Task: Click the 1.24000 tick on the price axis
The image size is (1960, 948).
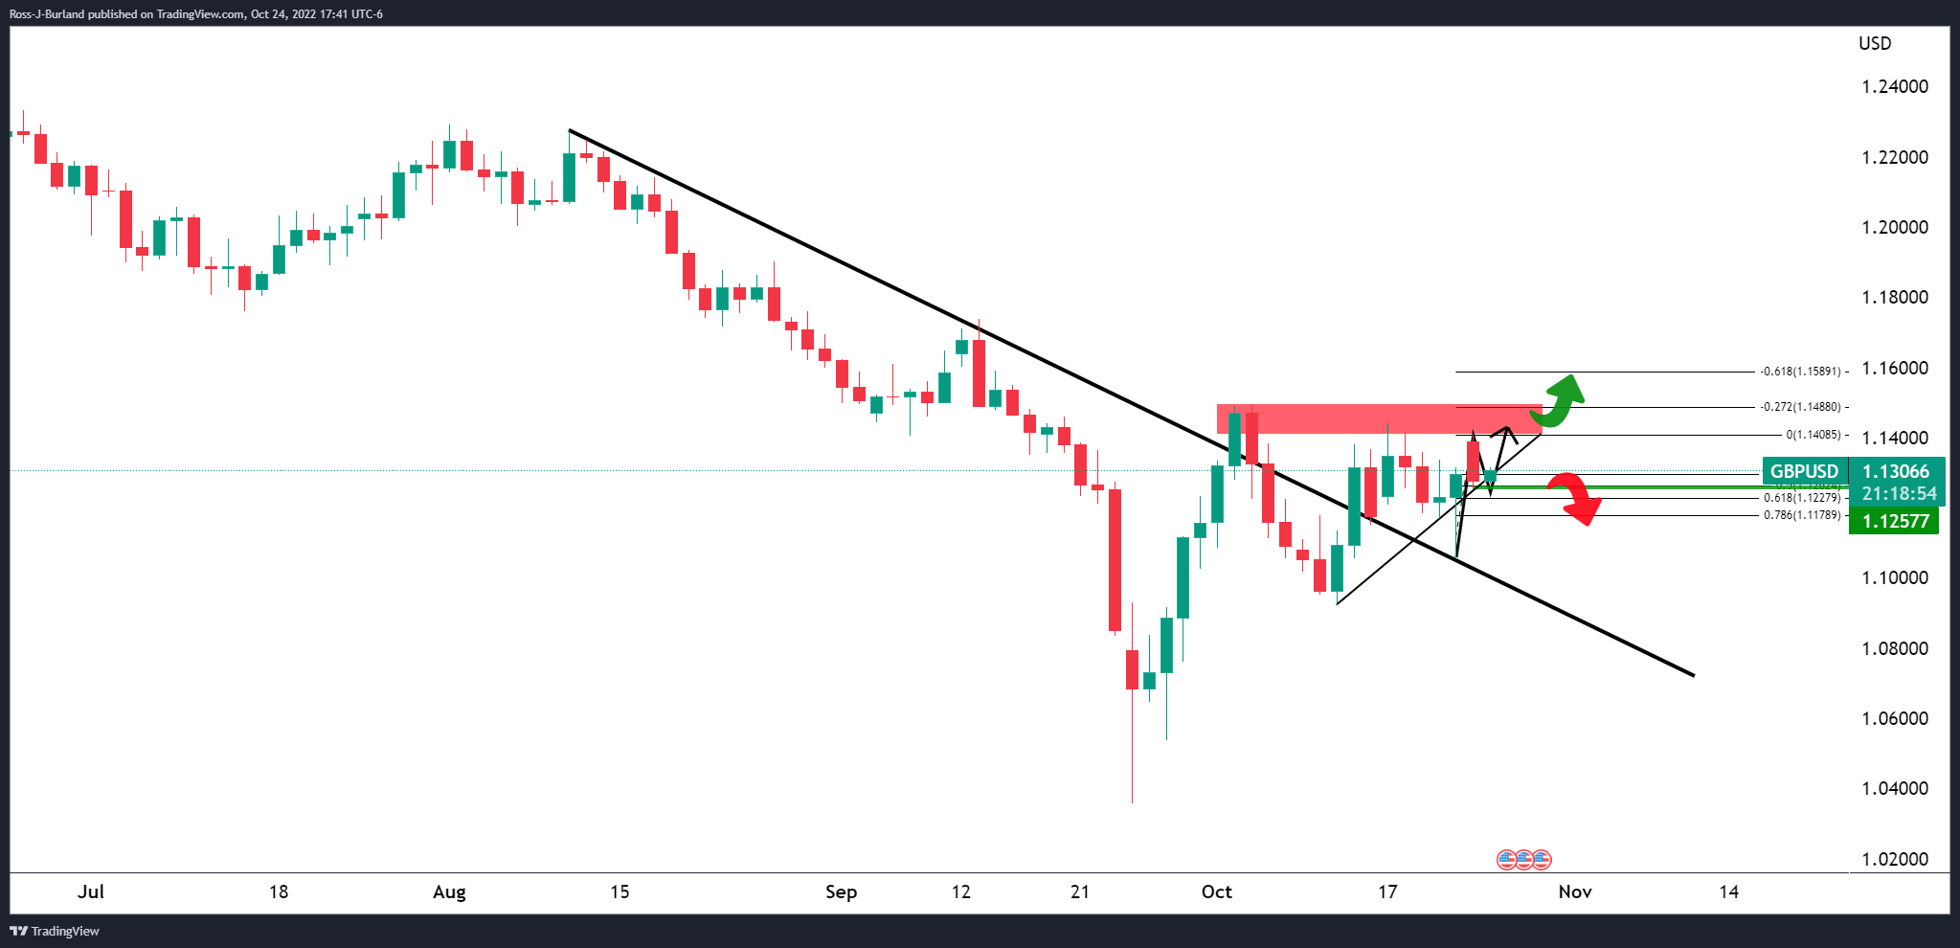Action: coord(1894,87)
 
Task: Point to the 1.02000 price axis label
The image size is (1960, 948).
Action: coord(1894,859)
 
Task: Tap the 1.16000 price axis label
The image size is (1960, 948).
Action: coord(1894,369)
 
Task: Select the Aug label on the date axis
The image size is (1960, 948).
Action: coord(449,892)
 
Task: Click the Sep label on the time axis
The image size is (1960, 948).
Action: coord(841,892)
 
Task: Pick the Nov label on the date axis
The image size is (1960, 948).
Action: coord(1574,892)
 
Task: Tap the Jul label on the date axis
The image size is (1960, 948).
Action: coord(91,892)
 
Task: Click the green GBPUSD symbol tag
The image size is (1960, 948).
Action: coord(1804,471)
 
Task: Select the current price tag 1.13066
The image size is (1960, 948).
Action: coord(1895,471)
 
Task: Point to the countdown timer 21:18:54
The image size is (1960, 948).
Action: coord(1899,494)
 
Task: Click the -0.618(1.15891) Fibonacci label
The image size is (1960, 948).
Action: coord(1803,372)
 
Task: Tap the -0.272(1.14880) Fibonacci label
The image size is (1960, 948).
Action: coord(1803,407)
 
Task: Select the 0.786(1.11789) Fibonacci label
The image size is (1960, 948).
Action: coord(1801,515)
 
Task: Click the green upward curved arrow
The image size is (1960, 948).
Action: coord(1559,399)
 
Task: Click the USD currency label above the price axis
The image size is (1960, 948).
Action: coord(1875,44)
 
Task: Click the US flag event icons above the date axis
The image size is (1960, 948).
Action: coord(1523,859)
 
